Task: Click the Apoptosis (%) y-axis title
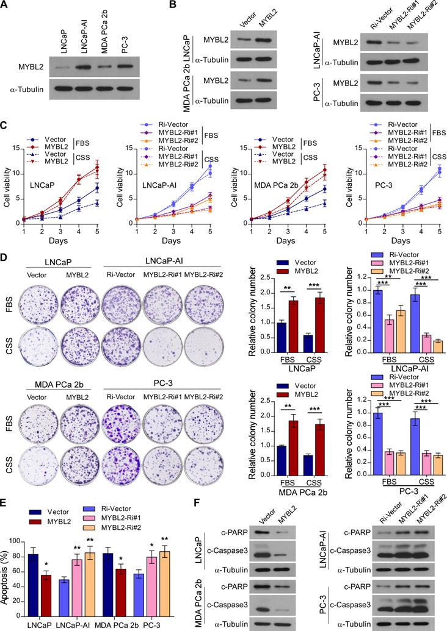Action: (6, 568)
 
